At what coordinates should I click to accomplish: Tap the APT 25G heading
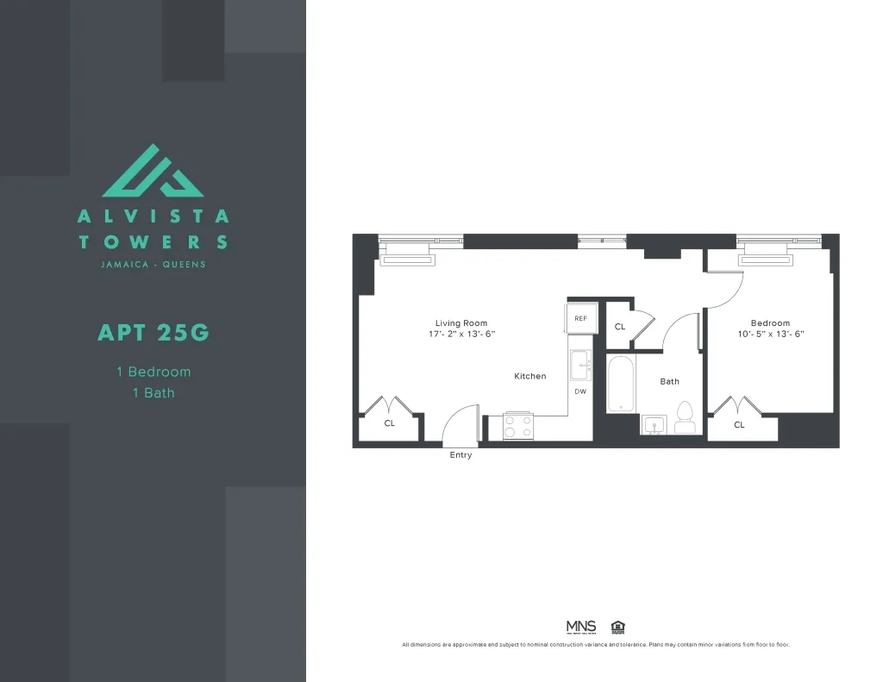point(153,332)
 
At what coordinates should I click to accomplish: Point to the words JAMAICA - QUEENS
point(153,264)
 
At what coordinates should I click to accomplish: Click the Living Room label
point(461,323)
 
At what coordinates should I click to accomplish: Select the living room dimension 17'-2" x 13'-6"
point(461,334)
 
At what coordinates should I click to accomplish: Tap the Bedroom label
point(770,323)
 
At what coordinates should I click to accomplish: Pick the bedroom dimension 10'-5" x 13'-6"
point(770,334)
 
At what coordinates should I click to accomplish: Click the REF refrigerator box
point(580,318)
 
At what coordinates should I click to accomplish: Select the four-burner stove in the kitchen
point(519,426)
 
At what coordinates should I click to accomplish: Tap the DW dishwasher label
point(580,391)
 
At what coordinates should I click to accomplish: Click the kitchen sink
point(580,365)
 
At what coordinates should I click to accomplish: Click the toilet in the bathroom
point(686,418)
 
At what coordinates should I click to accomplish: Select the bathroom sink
point(654,424)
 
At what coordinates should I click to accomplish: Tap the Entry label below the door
point(460,455)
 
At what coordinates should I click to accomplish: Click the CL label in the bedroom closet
point(739,425)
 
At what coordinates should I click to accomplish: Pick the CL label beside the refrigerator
point(620,327)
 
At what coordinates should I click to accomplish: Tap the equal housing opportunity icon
point(617,627)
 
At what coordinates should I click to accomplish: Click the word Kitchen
point(530,376)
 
